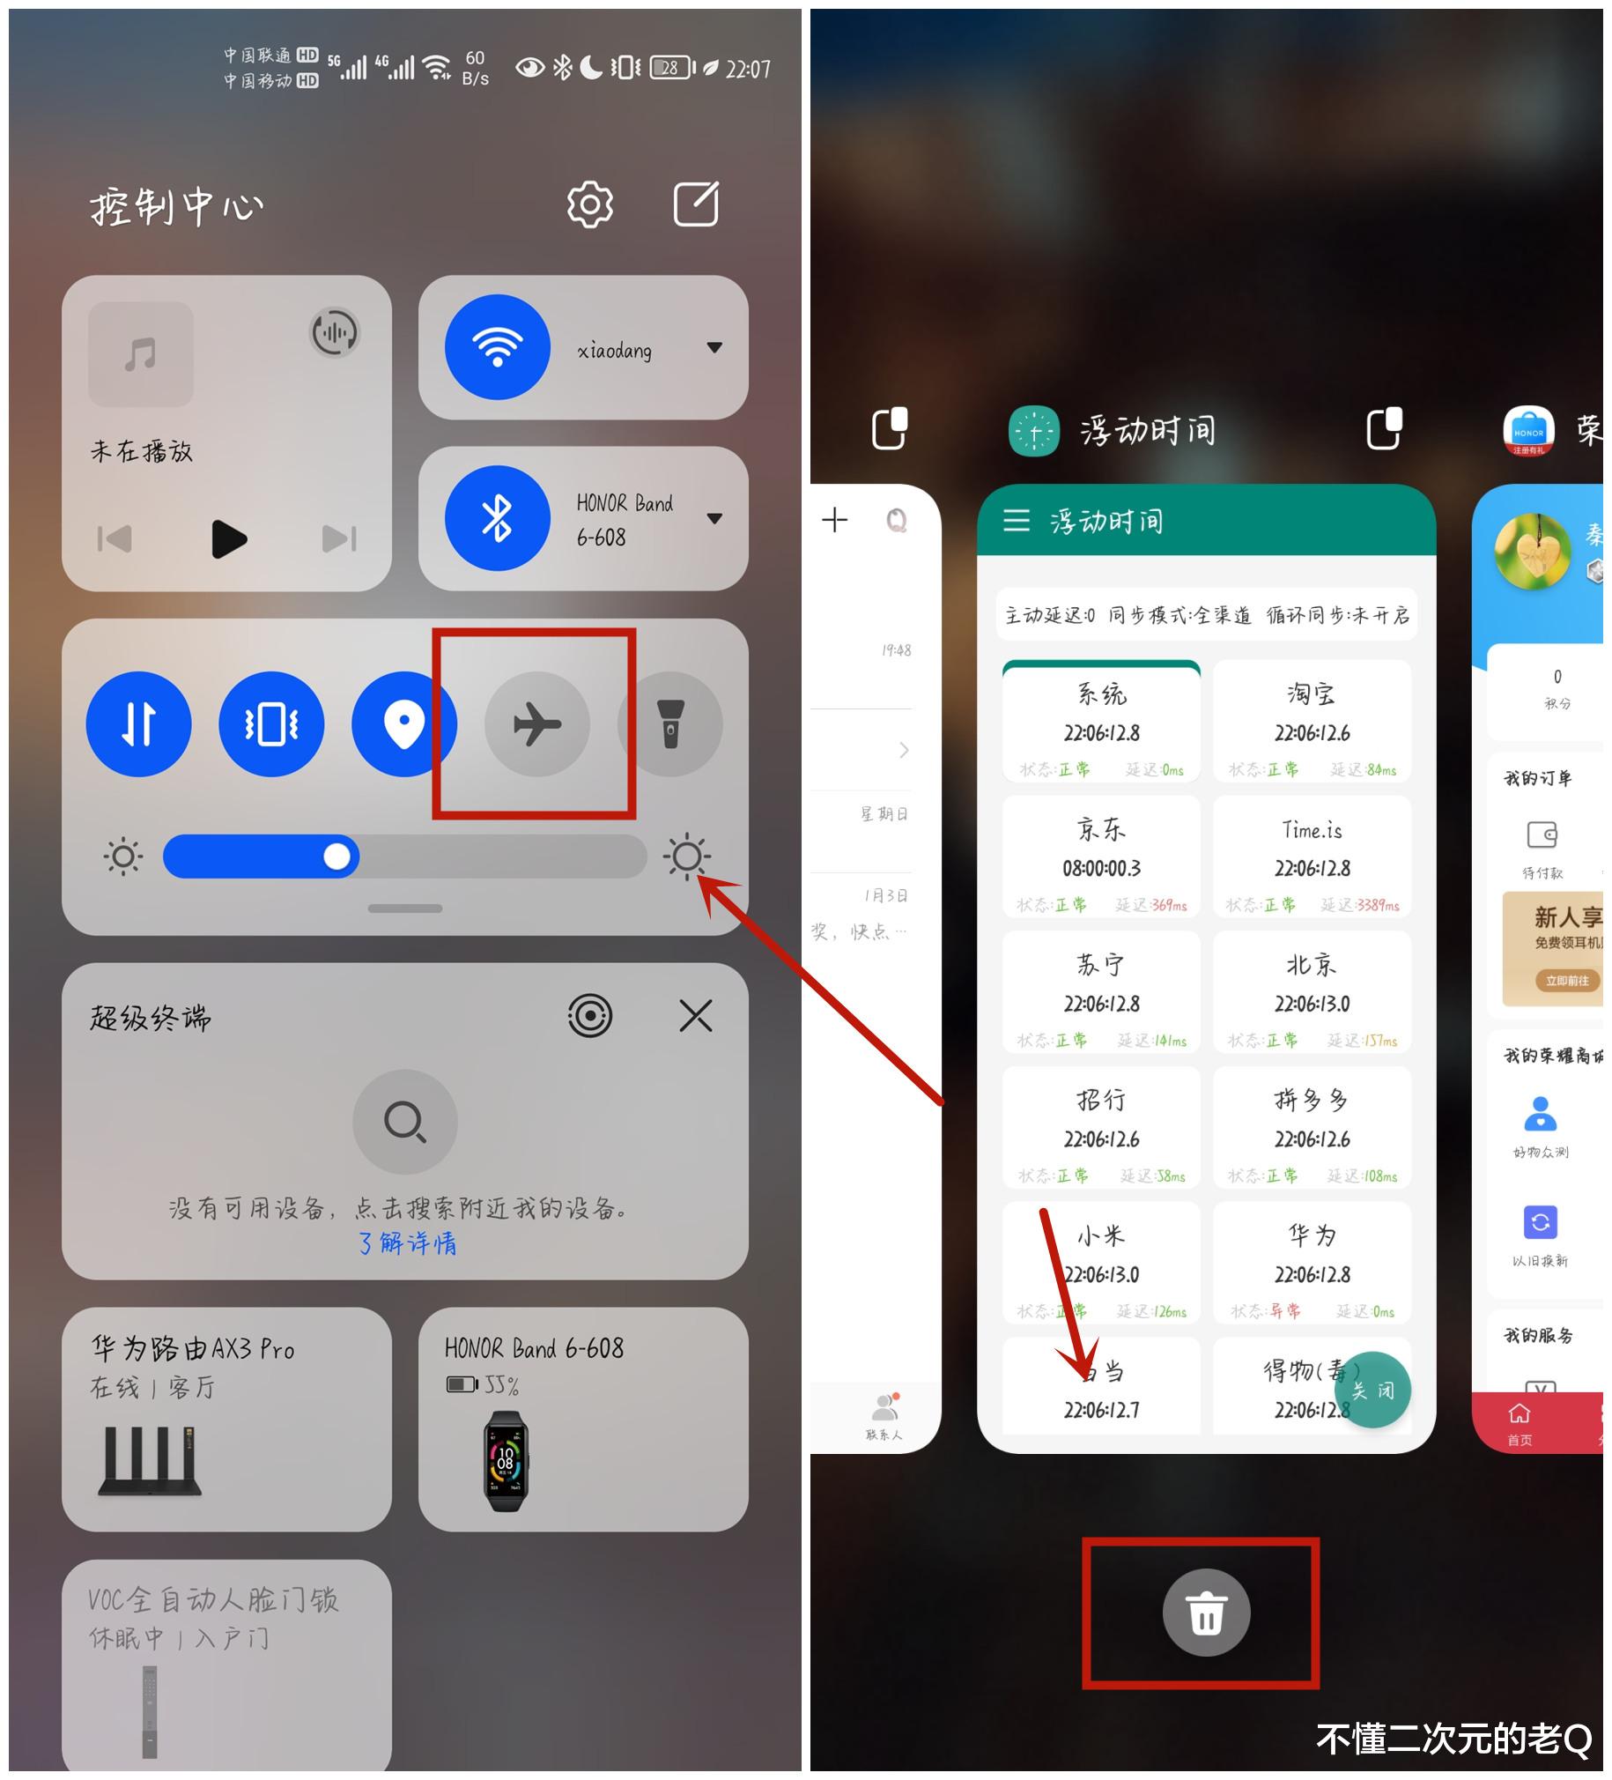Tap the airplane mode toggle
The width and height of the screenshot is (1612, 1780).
[x=536, y=724]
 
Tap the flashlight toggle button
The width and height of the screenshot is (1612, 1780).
[x=670, y=724]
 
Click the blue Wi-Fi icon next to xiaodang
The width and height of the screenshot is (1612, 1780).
[x=497, y=347]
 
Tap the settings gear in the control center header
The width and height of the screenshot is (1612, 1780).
[x=589, y=204]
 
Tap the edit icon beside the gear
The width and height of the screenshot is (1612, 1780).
[x=696, y=204]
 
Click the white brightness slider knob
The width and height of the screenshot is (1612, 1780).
[x=336, y=856]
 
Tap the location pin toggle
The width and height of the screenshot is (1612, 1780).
[x=403, y=724]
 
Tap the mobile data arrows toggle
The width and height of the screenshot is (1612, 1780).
[x=138, y=724]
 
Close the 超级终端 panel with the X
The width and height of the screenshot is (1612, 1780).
[x=696, y=1015]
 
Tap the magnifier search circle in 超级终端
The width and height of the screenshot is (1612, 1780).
[x=404, y=1122]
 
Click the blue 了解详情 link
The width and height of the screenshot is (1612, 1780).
[x=407, y=1243]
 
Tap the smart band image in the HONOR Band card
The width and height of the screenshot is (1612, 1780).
[x=505, y=1461]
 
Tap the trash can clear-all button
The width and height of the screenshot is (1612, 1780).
[x=1206, y=1613]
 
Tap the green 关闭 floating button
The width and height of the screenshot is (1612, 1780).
[x=1372, y=1390]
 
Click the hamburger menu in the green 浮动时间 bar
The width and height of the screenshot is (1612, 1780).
[x=1017, y=520]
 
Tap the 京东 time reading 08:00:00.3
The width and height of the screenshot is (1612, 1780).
[x=1101, y=868]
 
